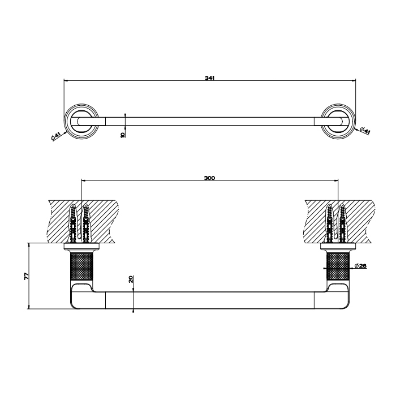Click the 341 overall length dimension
coord(209,78)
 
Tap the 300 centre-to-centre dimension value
coord(209,178)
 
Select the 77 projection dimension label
coord(27,276)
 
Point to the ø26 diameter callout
coord(360,266)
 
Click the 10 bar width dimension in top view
coord(123,134)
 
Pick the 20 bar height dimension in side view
coord(131,279)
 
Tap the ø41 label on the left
coord(55,136)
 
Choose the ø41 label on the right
coord(365,131)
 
